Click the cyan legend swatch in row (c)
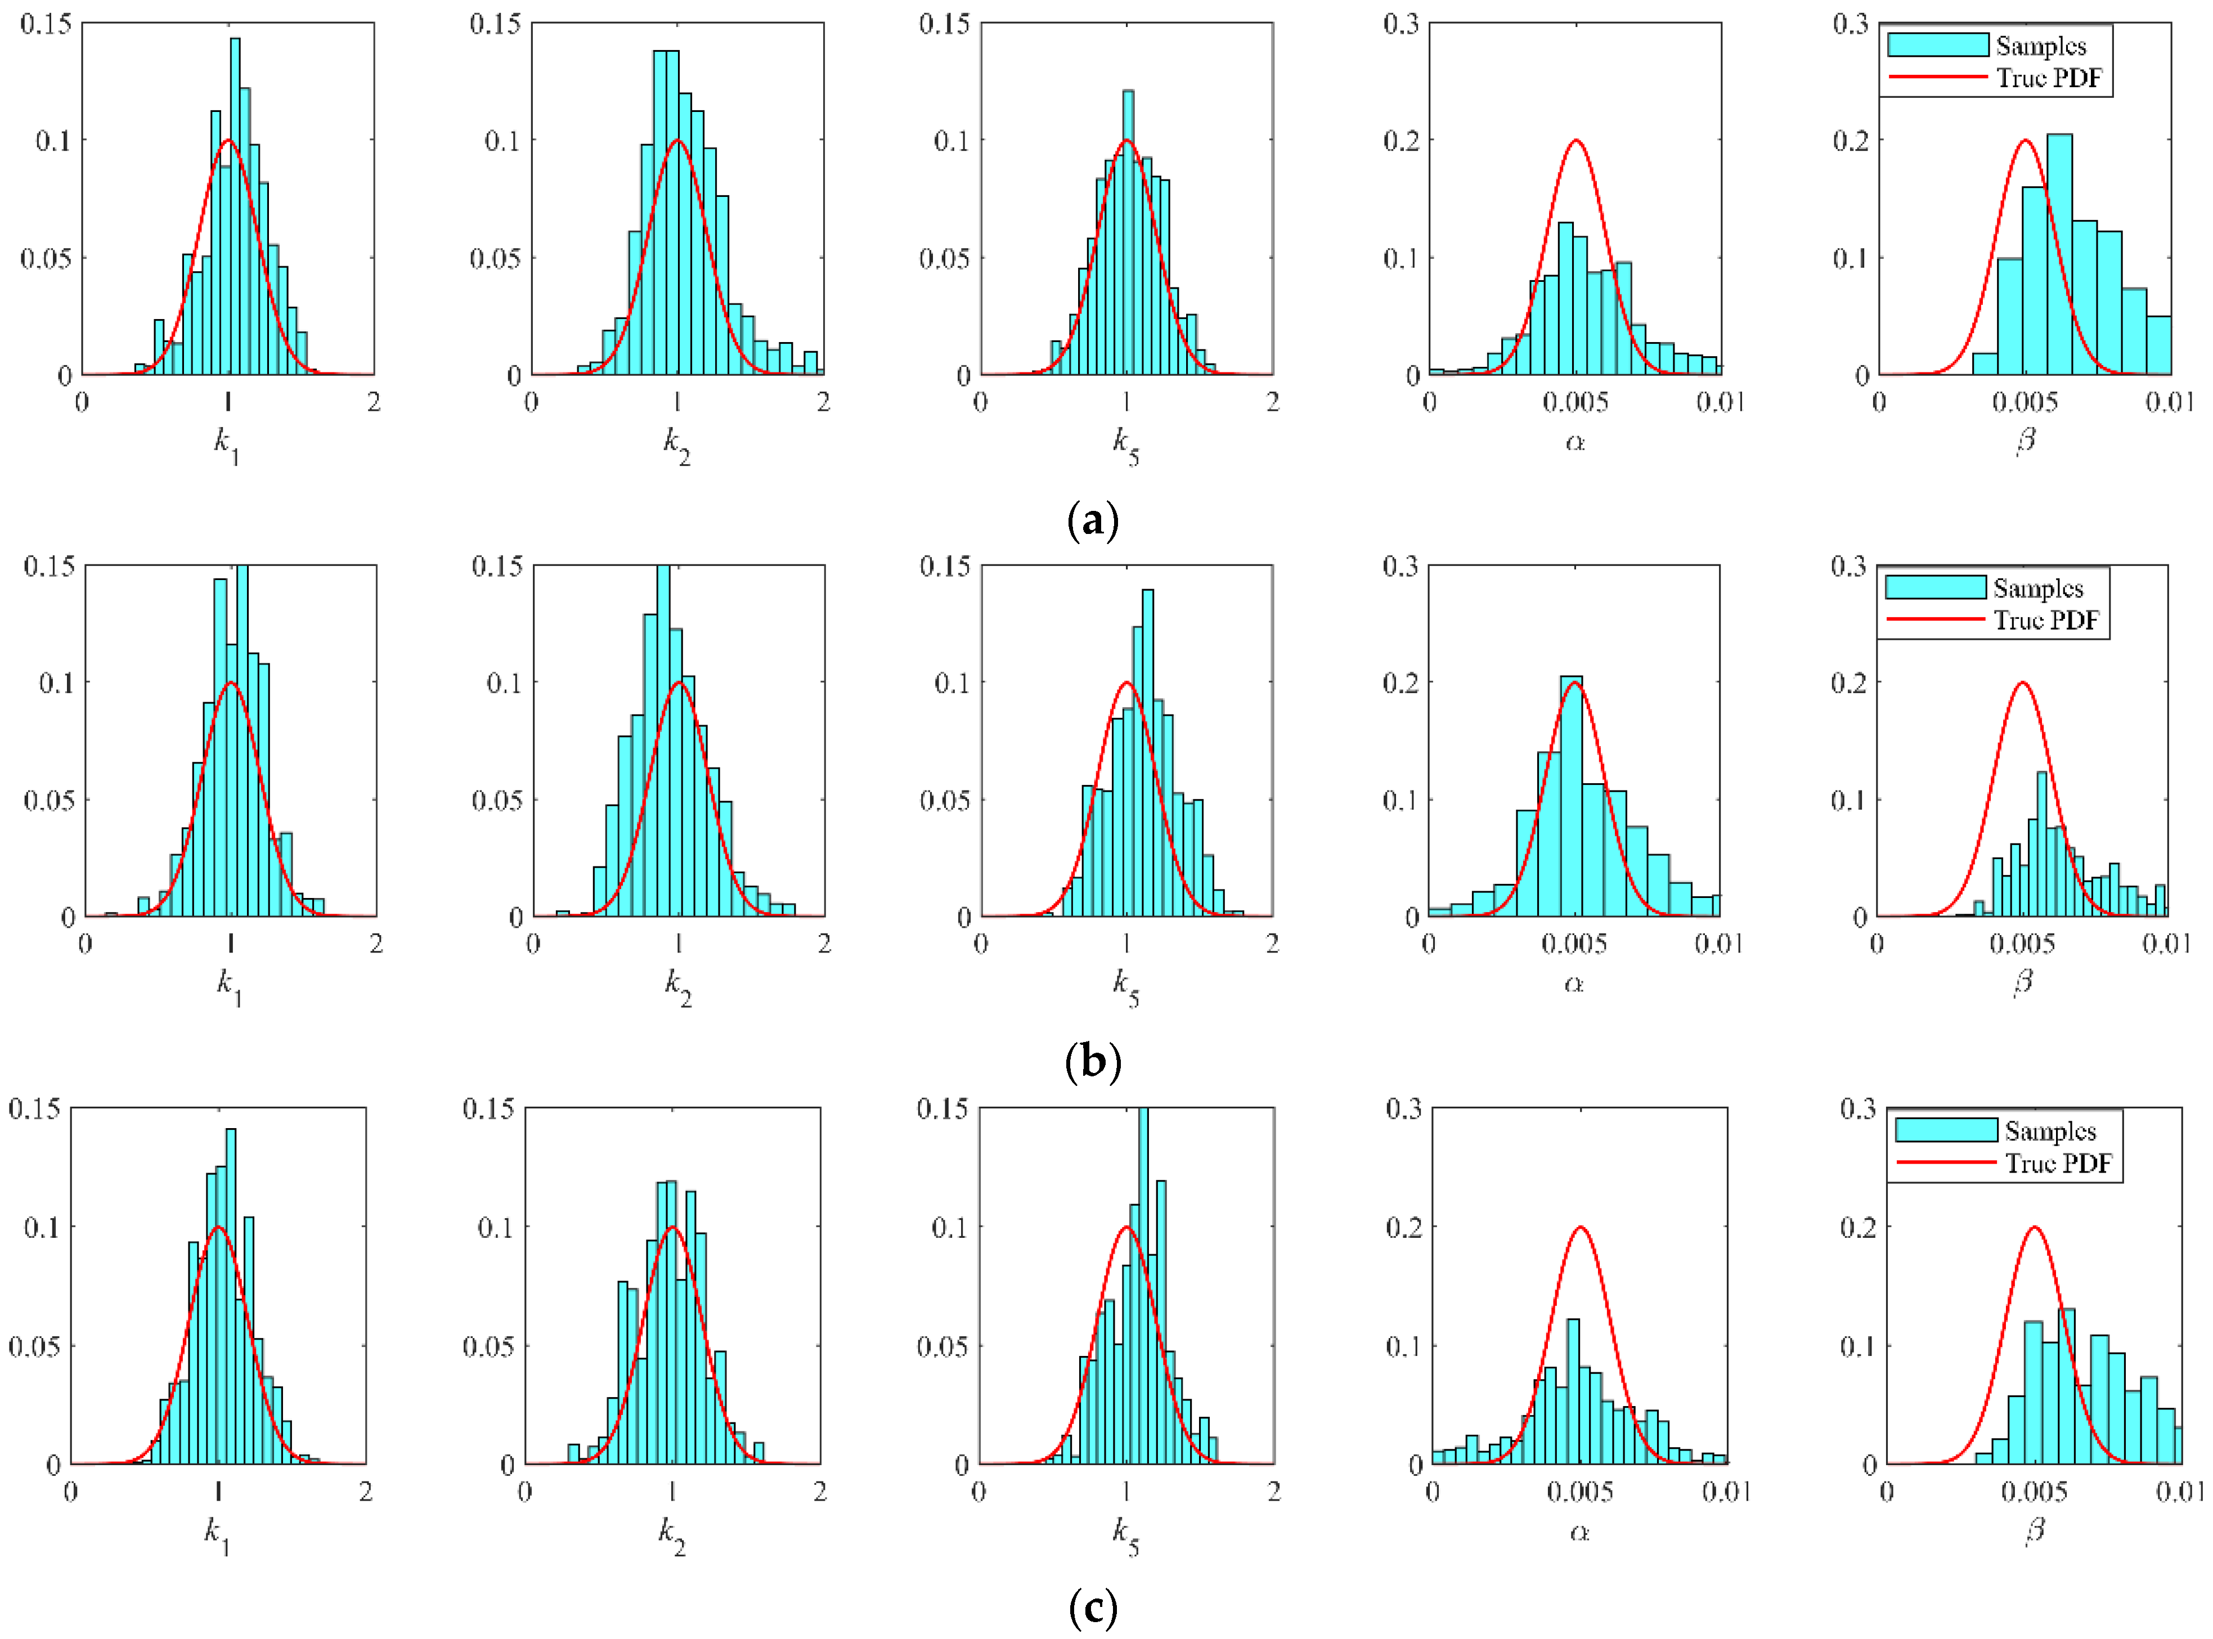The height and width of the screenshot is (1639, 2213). pyautogui.click(x=1945, y=1130)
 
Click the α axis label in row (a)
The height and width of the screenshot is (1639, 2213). pyautogui.click(x=1574, y=441)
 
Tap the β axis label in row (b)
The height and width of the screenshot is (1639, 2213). pyautogui.click(x=2023, y=982)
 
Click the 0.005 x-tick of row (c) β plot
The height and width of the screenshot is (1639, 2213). pyautogui.click(x=2034, y=1491)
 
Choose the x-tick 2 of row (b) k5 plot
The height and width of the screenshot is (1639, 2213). pyautogui.click(x=1272, y=944)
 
